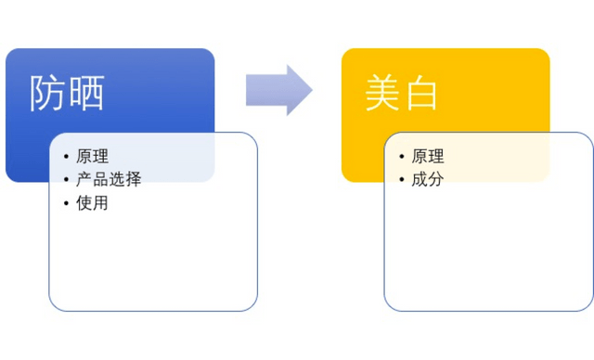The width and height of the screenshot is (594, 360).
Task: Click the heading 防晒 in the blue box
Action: coord(67,94)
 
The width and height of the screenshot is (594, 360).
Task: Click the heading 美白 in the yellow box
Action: coord(401,94)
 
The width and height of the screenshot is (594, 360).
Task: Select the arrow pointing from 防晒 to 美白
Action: coord(278,90)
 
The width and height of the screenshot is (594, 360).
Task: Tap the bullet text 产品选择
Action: coord(109,180)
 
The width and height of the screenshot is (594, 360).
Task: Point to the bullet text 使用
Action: coord(92,203)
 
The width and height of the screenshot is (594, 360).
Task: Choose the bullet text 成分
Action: coord(428,180)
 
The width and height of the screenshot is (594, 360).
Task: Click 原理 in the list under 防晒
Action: coord(92,157)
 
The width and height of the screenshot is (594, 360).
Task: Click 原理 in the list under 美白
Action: coord(428,157)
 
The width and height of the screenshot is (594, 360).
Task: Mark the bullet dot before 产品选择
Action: coord(66,180)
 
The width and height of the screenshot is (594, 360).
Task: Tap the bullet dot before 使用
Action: coord(66,203)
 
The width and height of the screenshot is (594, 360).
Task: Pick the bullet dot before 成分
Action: coord(401,180)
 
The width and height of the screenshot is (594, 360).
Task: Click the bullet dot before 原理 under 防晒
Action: coord(66,157)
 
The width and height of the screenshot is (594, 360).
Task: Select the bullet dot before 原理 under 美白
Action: coord(401,157)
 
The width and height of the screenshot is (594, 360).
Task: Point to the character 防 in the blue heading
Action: coord(47,94)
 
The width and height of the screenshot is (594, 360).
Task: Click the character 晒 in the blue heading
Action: coord(86,94)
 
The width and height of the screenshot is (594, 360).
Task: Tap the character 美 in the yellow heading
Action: coord(381,94)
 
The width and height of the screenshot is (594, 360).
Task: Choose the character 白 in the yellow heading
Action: coord(420,94)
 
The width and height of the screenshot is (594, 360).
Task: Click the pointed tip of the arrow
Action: coord(310,90)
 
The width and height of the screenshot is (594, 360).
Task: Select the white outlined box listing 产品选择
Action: coord(153,251)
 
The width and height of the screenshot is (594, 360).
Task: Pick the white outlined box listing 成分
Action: coord(488,251)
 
